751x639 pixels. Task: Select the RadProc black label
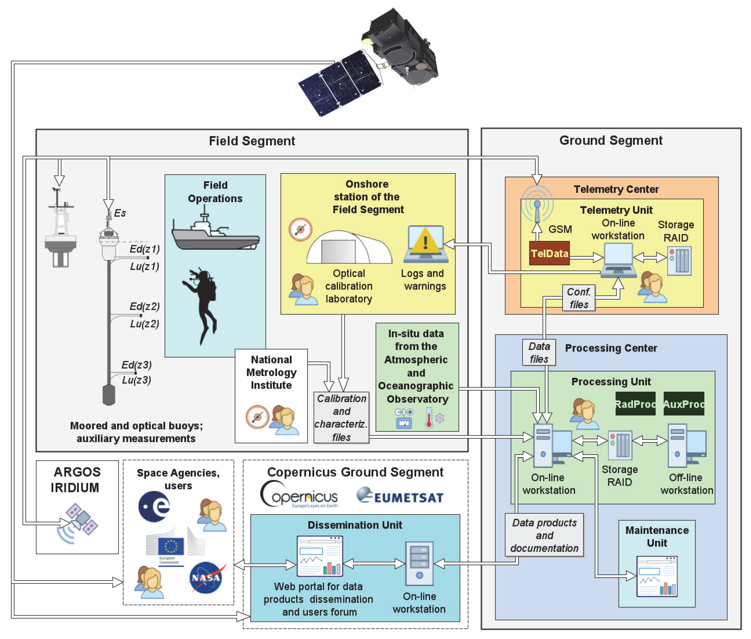635,404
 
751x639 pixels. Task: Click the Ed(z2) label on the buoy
145,306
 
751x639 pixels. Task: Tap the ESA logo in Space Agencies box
154,506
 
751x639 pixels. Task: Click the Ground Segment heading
611,140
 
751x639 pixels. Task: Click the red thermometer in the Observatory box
429,418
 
